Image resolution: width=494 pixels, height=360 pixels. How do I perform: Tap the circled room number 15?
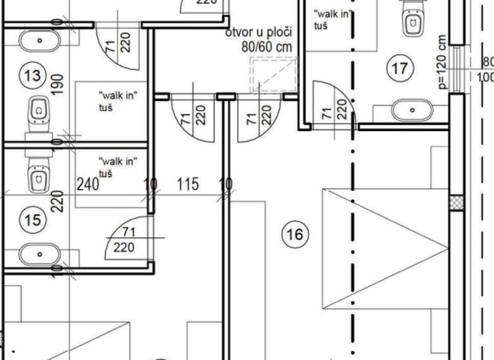coord(32,221)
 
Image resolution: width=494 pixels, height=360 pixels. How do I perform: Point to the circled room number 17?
coord(400,67)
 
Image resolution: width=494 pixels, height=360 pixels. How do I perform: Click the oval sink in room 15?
coord(40,255)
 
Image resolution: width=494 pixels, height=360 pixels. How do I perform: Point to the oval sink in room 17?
coord(412,111)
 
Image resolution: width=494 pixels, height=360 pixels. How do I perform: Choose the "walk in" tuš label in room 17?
coord(331,19)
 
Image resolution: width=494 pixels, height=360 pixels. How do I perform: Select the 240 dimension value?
coord(87,185)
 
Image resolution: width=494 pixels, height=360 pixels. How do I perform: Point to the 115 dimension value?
coord(187,185)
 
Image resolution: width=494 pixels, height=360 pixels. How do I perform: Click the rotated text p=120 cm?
coord(442,62)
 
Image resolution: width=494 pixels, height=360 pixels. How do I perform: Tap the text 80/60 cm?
coord(268,47)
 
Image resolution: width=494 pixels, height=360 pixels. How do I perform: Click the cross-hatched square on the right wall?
coord(456,203)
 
